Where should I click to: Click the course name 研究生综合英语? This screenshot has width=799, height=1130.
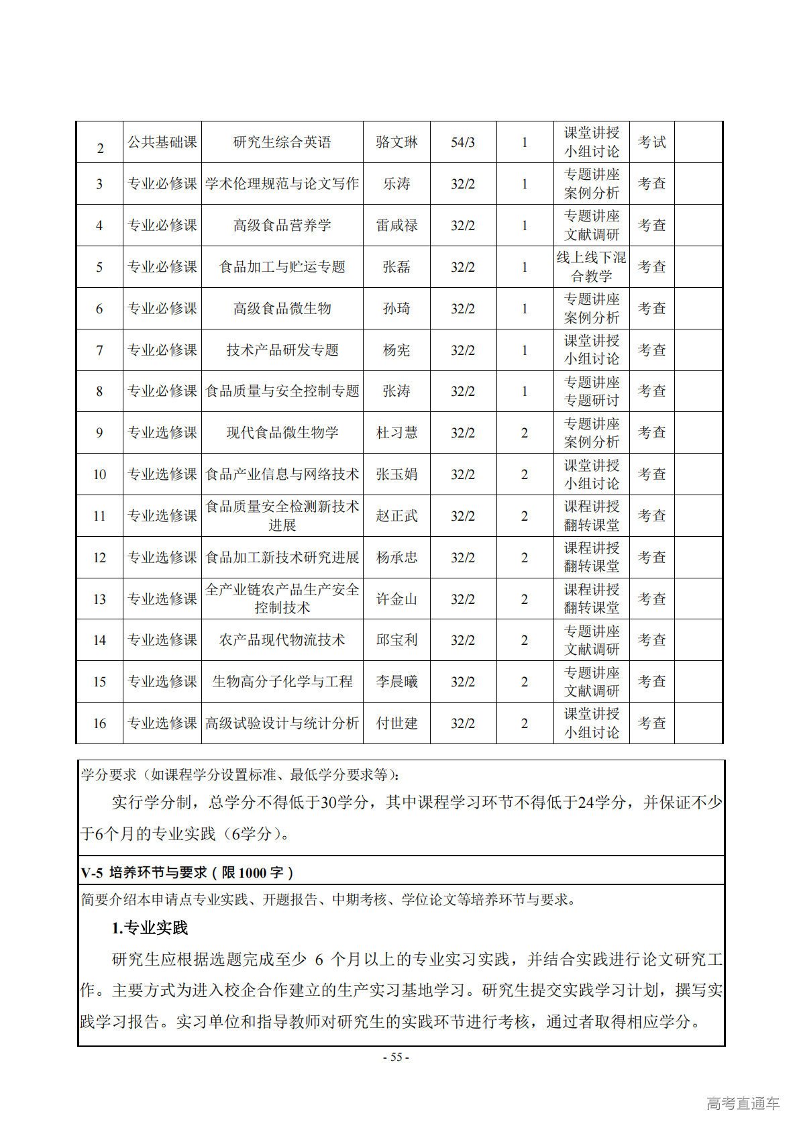pos(282,142)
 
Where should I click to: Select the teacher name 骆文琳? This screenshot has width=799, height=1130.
pos(396,142)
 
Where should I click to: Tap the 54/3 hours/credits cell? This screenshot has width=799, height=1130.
pos(463,142)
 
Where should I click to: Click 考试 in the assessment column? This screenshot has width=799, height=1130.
pos(651,142)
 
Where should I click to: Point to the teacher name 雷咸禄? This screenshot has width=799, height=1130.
pos(396,225)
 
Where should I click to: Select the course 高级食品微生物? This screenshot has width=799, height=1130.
pos(282,309)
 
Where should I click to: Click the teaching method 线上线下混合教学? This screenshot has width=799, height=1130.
pos(591,267)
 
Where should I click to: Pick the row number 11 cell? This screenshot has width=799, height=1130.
pos(99,516)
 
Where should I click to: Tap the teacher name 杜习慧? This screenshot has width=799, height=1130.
pos(396,433)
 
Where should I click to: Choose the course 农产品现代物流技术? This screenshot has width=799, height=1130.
pos(282,640)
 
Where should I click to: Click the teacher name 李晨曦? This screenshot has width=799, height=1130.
pos(396,682)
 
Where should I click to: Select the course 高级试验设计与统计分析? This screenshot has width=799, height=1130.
pos(282,723)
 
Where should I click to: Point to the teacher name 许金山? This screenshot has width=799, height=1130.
pos(396,599)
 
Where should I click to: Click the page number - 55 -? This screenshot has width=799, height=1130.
pos(396,1057)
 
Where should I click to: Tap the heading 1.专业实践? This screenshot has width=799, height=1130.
pos(150,928)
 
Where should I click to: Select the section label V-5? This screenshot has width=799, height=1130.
pos(92,872)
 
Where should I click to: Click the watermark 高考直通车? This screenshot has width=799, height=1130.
pos(743,1103)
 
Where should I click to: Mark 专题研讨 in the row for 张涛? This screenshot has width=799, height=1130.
pos(591,401)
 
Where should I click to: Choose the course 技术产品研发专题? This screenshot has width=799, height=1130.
pos(282,350)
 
